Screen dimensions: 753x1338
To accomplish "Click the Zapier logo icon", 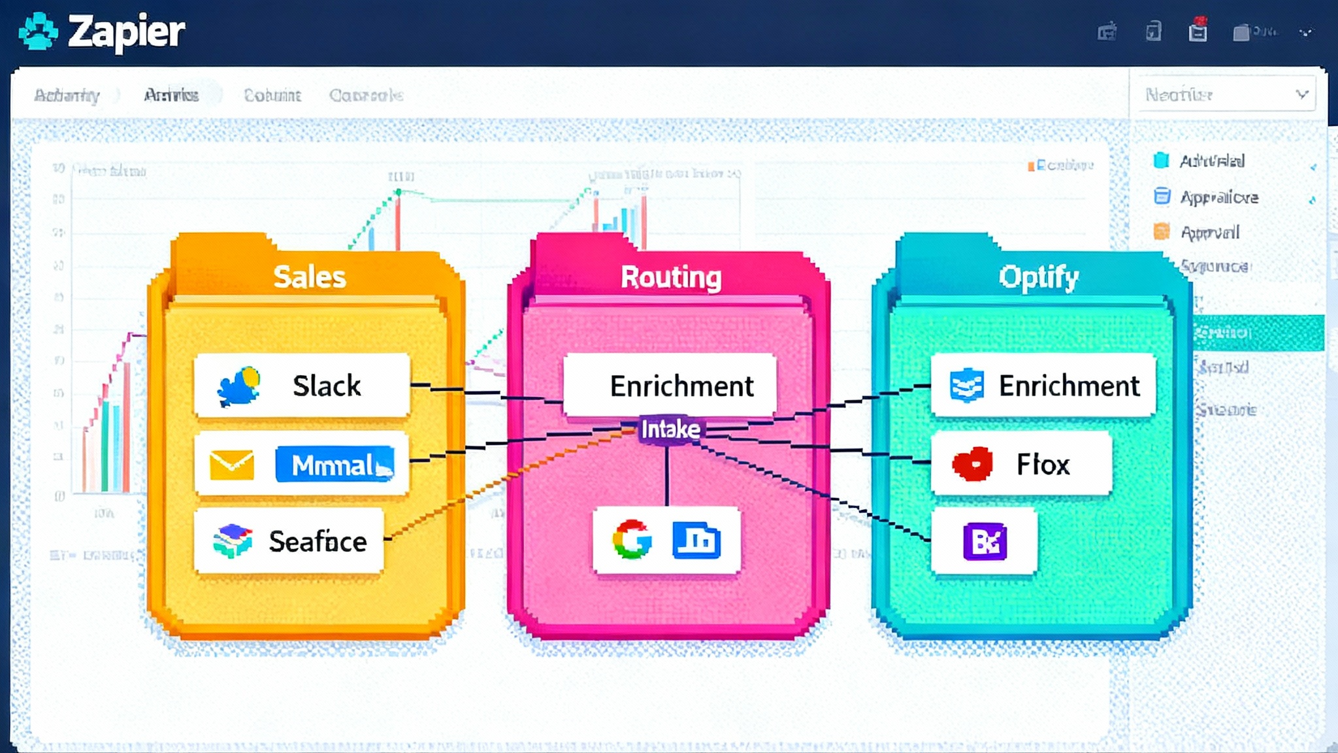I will tap(38, 31).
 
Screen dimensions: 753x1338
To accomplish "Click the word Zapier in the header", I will tap(126, 31).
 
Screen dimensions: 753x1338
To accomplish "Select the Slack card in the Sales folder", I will tap(302, 386).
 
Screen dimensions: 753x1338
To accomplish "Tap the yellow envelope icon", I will tap(232, 465).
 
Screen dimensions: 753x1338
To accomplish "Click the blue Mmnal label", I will tap(335, 465).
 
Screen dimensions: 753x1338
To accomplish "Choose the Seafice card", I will tap(289, 541).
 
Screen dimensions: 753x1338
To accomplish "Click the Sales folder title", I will tap(309, 276).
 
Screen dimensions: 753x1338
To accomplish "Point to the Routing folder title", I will tap(671, 276).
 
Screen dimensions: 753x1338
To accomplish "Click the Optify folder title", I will tap(1038, 276).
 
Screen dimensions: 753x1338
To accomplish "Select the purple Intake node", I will tap(670, 429).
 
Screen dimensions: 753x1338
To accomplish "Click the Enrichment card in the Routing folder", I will tap(670, 386).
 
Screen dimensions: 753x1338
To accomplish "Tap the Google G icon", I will tap(632, 540).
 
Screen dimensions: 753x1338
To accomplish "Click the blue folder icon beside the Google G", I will tap(696, 540).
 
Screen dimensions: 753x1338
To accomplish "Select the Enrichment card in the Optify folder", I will tap(1043, 386).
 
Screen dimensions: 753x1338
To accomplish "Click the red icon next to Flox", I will tap(973, 464).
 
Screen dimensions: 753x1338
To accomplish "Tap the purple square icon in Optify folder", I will tap(985, 541).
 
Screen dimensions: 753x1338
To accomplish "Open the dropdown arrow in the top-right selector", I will tap(1301, 95).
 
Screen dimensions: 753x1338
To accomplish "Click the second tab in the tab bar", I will tap(171, 95).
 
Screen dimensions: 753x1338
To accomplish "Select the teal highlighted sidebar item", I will tap(1258, 333).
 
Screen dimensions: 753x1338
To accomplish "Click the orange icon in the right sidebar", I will tap(1162, 231).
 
